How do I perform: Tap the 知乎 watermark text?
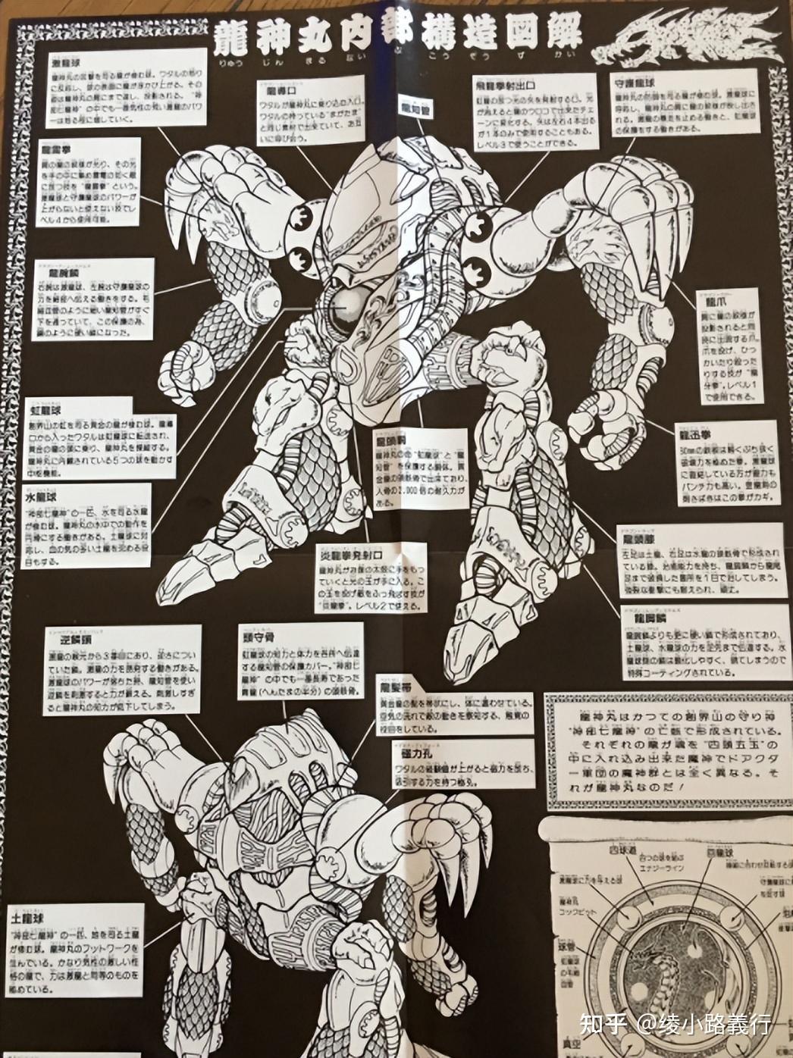coord(603,1025)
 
